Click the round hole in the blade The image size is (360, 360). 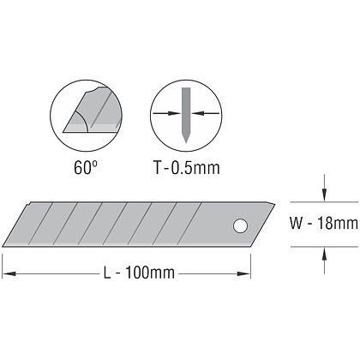coord(240,226)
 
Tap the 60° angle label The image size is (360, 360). coord(86,167)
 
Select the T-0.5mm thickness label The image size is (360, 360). coord(187,167)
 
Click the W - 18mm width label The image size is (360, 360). coord(324,223)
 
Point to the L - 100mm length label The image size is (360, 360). coord(139,273)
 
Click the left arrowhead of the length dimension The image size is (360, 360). coord(9,273)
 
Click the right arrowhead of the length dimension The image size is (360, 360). coord(243,273)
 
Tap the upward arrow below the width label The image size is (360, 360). coord(324,261)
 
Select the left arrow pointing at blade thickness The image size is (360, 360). coord(167,113)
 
